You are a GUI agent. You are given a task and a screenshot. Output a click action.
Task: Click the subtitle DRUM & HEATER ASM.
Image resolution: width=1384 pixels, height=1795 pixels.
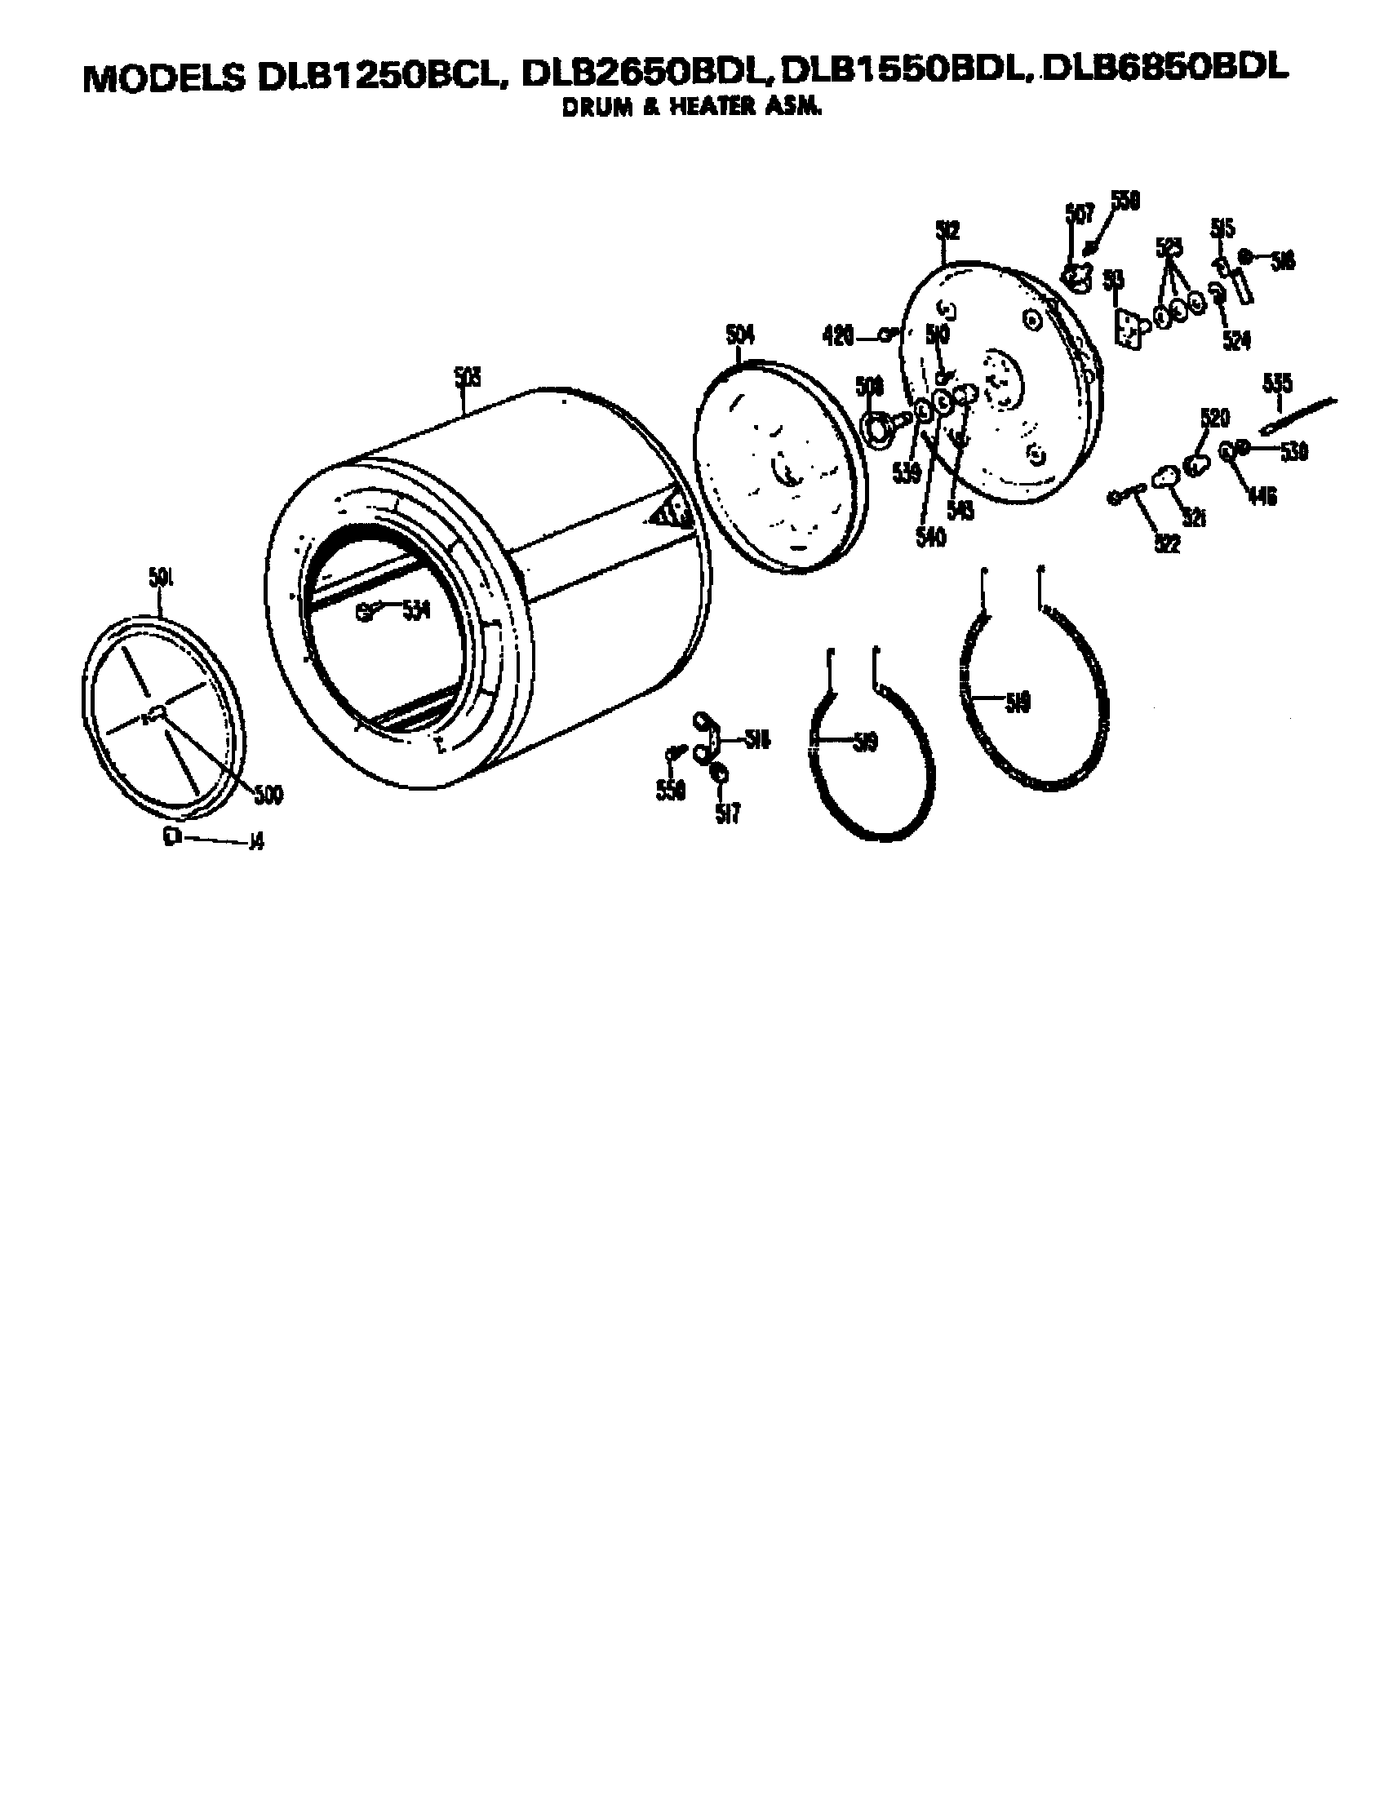click(691, 108)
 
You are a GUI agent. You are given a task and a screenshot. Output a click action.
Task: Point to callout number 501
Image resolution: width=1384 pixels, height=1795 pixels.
click(160, 578)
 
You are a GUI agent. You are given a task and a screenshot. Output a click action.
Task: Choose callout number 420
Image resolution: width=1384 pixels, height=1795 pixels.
click(838, 335)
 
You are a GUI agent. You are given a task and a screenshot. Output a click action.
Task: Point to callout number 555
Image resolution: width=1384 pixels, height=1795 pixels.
click(1277, 383)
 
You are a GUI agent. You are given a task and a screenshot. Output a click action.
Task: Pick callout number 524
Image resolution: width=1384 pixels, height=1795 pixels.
click(1236, 339)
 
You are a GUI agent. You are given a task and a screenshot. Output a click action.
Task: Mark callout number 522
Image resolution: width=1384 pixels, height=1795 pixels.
click(1167, 543)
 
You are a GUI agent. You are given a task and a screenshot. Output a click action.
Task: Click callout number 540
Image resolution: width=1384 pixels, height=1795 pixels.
click(930, 536)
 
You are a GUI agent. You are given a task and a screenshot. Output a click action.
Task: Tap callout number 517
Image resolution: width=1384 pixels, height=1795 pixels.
click(727, 814)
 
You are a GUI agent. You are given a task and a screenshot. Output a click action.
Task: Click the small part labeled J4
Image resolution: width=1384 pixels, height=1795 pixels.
click(171, 836)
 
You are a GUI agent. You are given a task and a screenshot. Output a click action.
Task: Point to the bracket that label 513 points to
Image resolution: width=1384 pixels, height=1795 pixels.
click(1129, 328)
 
